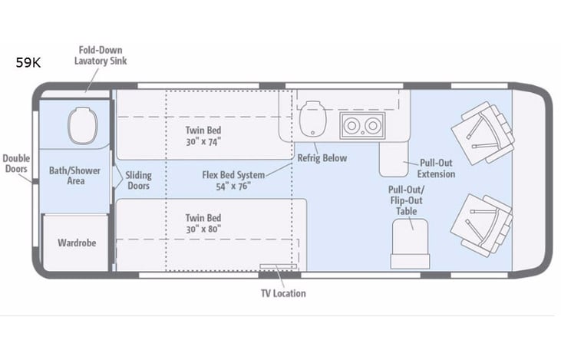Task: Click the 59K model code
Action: pos(28,64)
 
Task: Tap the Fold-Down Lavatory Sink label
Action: pos(101,54)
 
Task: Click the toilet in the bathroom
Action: pos(79,126)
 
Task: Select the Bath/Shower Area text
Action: pos(74,176)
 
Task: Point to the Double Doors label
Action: pos(15,163)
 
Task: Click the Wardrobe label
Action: pos(77,243)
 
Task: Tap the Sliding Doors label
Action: pos(138,180)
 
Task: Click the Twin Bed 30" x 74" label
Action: pos(203,136)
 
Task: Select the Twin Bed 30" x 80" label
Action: pos(203,224)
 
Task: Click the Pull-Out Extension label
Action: pos(436,169)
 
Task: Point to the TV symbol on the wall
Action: pos(278,267)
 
